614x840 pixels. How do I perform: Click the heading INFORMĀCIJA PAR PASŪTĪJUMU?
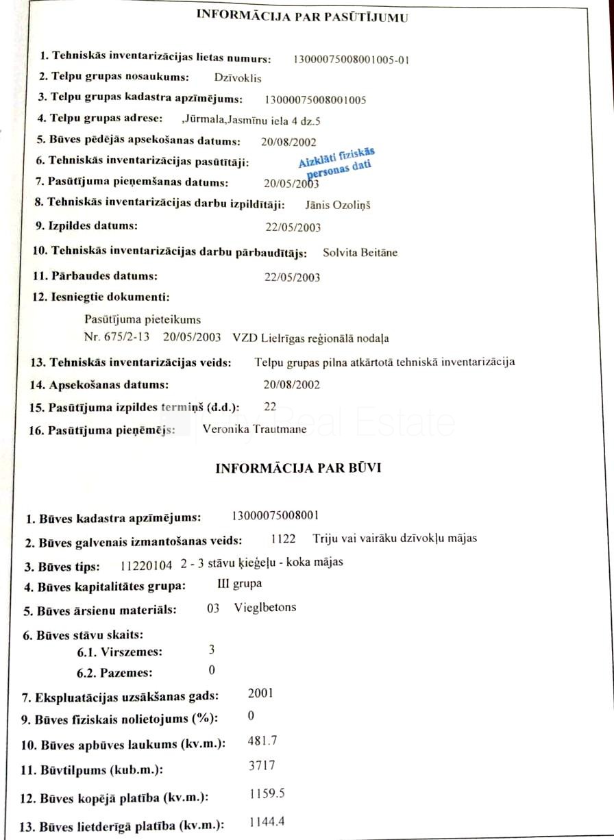pyautogui.click(x=302, y=17)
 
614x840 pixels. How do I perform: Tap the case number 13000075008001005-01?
pyautogui.click(x=351, y=60)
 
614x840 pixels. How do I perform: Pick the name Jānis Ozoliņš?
pyautogui.click(x=337, y=204)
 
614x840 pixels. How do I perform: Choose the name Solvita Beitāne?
pyautogui.click(x=360, y=253)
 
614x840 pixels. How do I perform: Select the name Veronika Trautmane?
pyautogui.click(x=255, y=430)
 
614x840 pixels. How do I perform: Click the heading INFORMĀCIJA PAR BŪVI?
pyautogui.click(x=299, y=469)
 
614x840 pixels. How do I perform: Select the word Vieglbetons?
pyautogui.click(x=265, y=607)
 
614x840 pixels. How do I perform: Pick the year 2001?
pyautogui.click(x=260, y=693)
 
